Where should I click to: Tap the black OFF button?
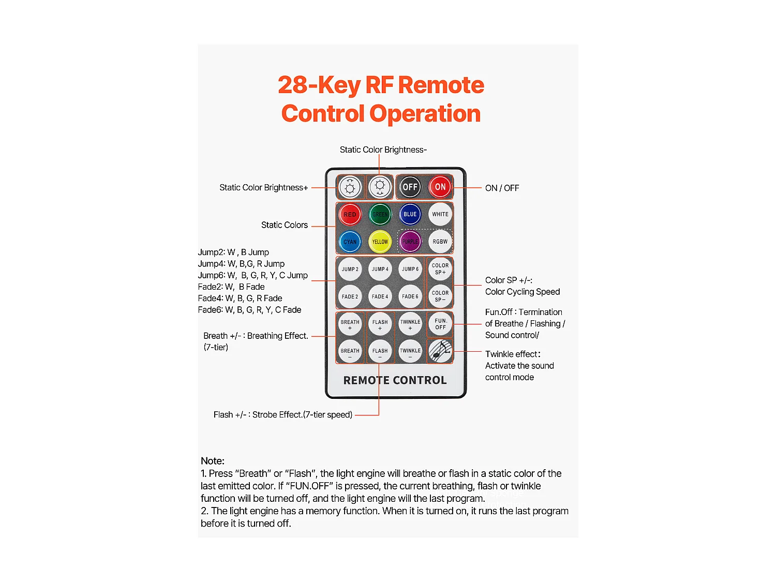pyautogui.click(x=410, y=187)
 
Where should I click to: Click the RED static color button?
pyautogui.click(x=350, y=214)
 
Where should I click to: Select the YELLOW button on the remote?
pyautogui.click(x=380, y=242)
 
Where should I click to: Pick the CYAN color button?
pyautogui.click(x=350, y=242)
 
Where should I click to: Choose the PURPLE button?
pyautogui.click(x=410, y=242)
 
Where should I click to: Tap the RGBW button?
pyautogui.click(x=440, y=242)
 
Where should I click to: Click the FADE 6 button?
pyautogui.click(x=410, y=296)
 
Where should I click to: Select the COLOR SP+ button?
pyautogui.click(x=440, y=269)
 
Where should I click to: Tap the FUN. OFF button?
pyautogui.click(x=440, y=324)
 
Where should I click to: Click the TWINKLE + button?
pyautogui.click(x=410, y=324)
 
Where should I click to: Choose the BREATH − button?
pyautogui.click(x=350, y=352)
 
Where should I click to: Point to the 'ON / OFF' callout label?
pyautogui.click(x=502, y=188)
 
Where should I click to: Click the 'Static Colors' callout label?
pyautogui.click(x=284, y=225)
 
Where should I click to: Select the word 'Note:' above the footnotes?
pyautogui.click(x=213, y=461)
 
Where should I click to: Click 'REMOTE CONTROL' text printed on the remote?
pyautogui.click(x=395, y=380)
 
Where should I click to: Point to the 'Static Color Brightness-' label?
pyautogui.click(x=383, y=150)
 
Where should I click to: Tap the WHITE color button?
pyautogui.click(x=440, y=214)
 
